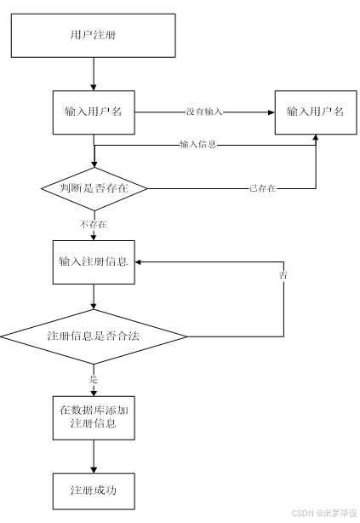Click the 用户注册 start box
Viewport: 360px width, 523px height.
[x=93, y=36]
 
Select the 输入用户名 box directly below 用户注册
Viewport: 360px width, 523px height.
[x=94, y=112]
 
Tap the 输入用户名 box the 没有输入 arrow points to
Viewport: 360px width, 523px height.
[x=314, y=112]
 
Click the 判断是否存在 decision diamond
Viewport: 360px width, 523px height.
[x=94, y=187]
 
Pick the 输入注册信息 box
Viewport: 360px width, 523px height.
[x=94, y=261]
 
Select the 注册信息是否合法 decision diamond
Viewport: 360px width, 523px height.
[x=94, y=336]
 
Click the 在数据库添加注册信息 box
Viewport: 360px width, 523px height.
[x=94, y=416]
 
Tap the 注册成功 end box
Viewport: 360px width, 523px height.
[x=94, y=491]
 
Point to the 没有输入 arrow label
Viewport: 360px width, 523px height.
[x=204, y=112]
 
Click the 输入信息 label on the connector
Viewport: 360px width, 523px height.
[x=198, y=144]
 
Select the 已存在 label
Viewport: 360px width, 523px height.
[x=262, y=187]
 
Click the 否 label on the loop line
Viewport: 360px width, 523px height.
[x=283, y=276]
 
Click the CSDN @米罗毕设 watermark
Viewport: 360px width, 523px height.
[x=323, y=514]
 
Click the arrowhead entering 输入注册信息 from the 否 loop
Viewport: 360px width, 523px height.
[x=141, y=261]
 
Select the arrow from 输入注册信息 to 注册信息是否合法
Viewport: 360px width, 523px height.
[x=94, y=297]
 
